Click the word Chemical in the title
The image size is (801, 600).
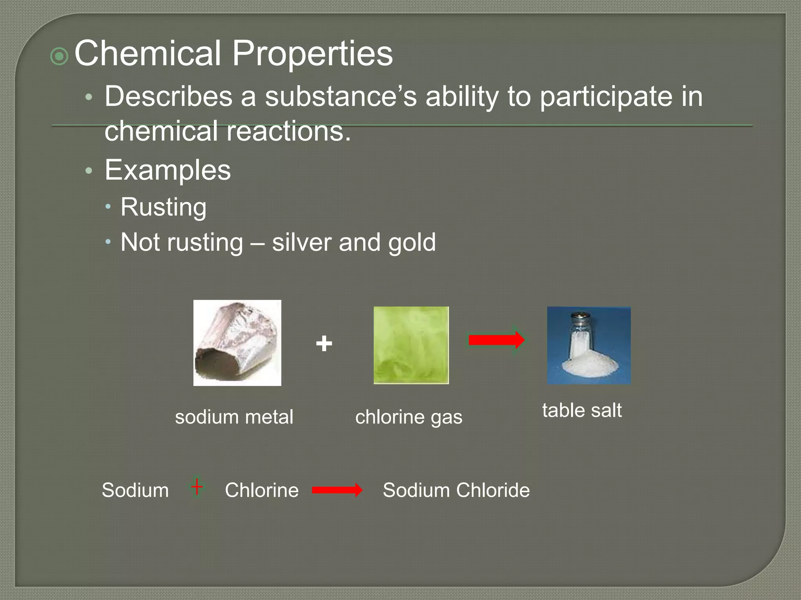pos(148,54)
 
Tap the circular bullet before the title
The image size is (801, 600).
pos(59,57)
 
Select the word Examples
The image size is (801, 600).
pos(167,170)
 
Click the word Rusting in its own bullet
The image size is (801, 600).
pos(163,207)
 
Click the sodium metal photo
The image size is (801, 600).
pos(237,343)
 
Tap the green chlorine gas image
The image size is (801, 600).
pos(411,345)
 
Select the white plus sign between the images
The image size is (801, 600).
pos(324,344)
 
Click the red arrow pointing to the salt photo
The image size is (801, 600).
pos(496,340)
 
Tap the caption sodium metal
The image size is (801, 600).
pos(234,417)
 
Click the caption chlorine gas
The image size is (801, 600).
pos(409,417)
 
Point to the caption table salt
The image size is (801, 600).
pos(582,410)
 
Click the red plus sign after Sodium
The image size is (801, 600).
pos(197,487)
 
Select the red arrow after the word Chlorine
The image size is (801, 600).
pos(337,490)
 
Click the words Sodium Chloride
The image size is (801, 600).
pos(456,490)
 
